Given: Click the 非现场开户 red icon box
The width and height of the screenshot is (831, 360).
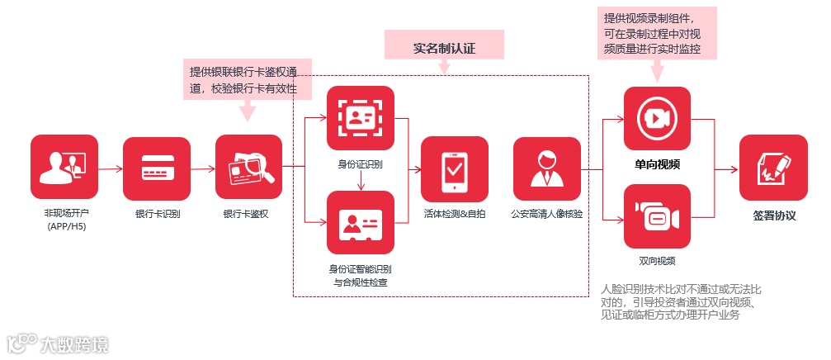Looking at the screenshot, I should pos(64,169).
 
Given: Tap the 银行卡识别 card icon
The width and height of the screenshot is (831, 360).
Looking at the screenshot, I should pos(157,169).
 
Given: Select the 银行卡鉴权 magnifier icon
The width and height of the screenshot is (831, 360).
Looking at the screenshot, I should pos(249,169).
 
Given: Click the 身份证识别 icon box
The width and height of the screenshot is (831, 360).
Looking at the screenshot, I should pos(361,119).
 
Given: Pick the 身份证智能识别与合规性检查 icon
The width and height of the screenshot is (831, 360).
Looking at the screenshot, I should pos(361,223).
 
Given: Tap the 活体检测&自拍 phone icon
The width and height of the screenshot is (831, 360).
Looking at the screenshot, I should pos(455,169).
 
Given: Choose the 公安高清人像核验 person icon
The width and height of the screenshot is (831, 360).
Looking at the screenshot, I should pos(546,169).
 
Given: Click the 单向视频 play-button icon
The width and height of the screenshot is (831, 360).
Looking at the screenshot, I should pos(657,119).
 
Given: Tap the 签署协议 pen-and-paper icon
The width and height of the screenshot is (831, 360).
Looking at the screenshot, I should pos(773,169).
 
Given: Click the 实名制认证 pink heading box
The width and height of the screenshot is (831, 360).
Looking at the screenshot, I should pos(445,47).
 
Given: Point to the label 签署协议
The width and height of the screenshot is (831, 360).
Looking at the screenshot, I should pos(774,216).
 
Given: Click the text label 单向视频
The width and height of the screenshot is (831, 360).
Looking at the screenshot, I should pos(657,164).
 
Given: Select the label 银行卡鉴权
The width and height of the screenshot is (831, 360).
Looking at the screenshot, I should pos(248,214).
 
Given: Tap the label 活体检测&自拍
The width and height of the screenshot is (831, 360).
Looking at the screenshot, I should pos(455,214).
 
